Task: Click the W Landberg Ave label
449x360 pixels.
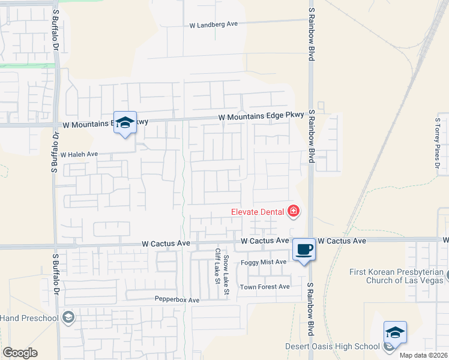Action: point(214,25)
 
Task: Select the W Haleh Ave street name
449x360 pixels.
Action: point(79,154)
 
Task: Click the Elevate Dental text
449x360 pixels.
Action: point(259,211)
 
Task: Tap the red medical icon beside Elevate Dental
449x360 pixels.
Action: point(294,211)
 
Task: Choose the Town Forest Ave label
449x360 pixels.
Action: point(265,287)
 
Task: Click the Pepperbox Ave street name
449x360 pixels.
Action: point(176,299)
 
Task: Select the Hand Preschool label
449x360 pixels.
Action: point(29,317)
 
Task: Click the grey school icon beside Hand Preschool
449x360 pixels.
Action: point(68,317)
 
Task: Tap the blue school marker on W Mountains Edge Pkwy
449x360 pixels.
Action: point(125,122)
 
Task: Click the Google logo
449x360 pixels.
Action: point(20,353)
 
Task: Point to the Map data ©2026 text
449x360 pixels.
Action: point(423,355)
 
